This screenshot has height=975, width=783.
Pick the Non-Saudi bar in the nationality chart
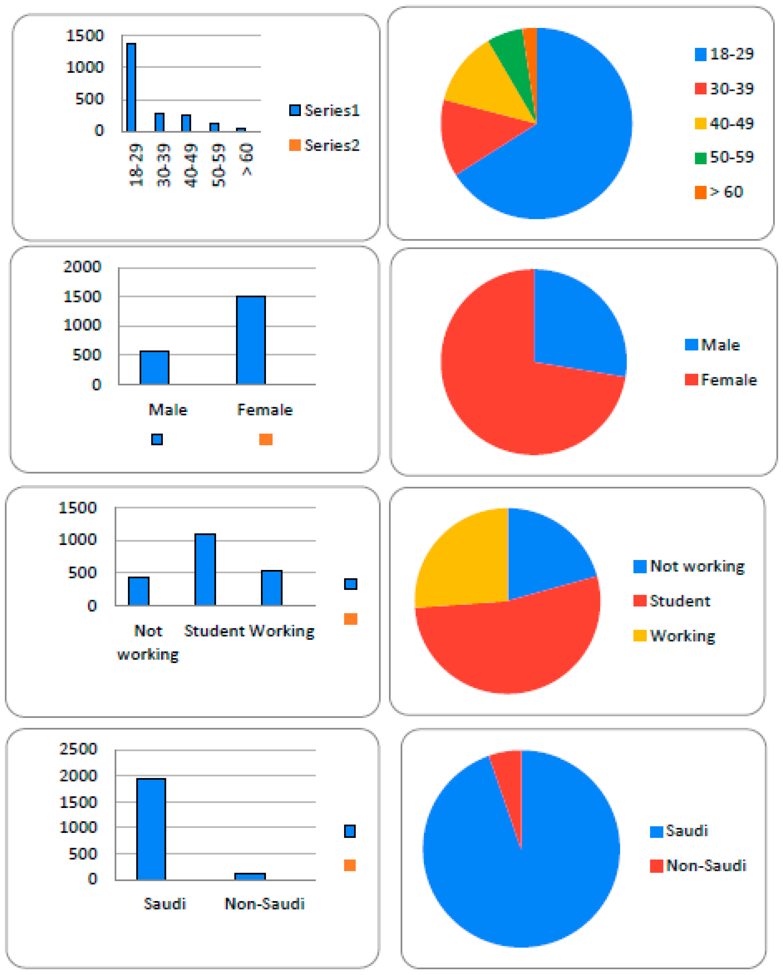pos(250,876)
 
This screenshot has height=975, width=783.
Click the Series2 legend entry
pos(324,145)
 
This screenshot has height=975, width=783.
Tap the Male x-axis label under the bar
pos(168,410)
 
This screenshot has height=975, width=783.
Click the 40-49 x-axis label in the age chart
pos(191,165)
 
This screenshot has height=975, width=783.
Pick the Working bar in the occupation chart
pos(271,587)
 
